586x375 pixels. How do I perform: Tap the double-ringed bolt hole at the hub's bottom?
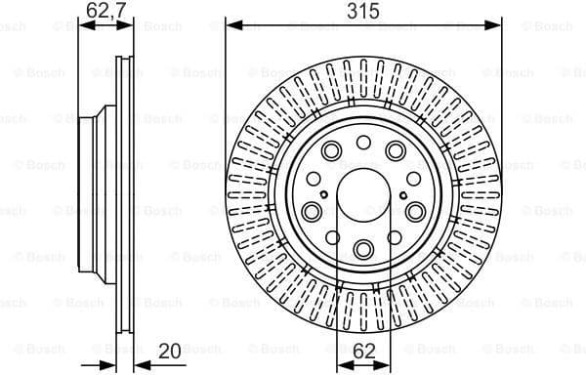tap(362, 248)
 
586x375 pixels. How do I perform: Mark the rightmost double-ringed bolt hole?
tap(414, 211)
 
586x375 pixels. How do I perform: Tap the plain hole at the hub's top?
tap(362, 143)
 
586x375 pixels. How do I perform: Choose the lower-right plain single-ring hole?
tap(394, 239)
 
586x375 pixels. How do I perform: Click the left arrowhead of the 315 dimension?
tap(231, 25)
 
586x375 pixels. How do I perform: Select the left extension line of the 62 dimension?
tap(337, 293)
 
